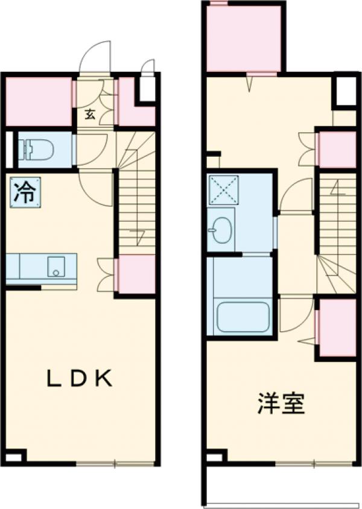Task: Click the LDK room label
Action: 81,379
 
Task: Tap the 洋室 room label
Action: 281,403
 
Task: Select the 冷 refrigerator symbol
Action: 25,192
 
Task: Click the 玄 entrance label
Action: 89,114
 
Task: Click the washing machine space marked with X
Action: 223,189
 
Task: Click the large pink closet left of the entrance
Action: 39,102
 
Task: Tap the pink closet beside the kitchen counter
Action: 136,274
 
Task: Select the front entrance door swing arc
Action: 97,57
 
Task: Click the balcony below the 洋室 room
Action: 281,485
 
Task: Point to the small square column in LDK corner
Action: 14,456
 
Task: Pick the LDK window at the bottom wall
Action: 115,464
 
